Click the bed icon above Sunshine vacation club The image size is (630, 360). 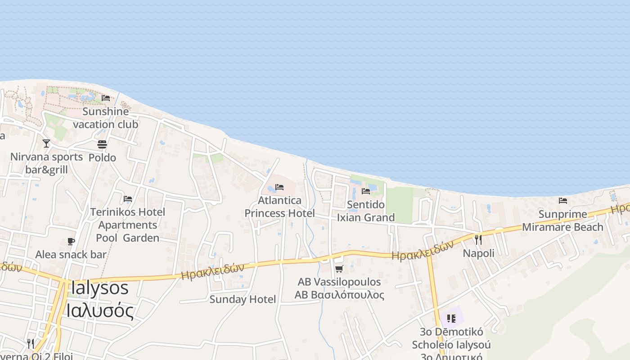click(x=106, y=98)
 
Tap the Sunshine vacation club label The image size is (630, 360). click(x=106, y=118)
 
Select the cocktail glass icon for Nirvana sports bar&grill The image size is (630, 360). click(x=46, y=144)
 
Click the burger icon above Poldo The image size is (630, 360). click(x=102, y=144)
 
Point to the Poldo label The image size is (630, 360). click(x=102, y=157)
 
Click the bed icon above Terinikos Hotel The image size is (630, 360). click(x=128, y=198)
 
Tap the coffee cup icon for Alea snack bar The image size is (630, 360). click(x=71, y=241)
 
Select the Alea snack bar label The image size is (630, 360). click(x=71, y=254)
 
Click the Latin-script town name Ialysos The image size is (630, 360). click(x=99, y=288)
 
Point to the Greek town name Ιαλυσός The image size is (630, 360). click(x=99, y=310)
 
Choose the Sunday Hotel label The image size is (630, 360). click(x=243, y=299)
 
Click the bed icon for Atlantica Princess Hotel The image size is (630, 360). click(x=279, y=187)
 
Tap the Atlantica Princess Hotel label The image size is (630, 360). click(x=279, y=207)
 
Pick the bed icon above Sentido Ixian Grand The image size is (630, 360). click(x=366, y=191)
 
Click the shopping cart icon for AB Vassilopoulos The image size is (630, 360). click(x=339, y=269)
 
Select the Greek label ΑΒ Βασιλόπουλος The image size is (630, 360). click(x=339, y=295)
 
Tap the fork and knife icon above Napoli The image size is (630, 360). click(x=478, y=239)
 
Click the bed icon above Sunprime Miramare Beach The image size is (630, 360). click(x=563, y=201)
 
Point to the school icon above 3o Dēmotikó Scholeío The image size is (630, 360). click(x=452, y=319)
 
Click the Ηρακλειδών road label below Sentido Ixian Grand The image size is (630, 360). click(x=422, y=250)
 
